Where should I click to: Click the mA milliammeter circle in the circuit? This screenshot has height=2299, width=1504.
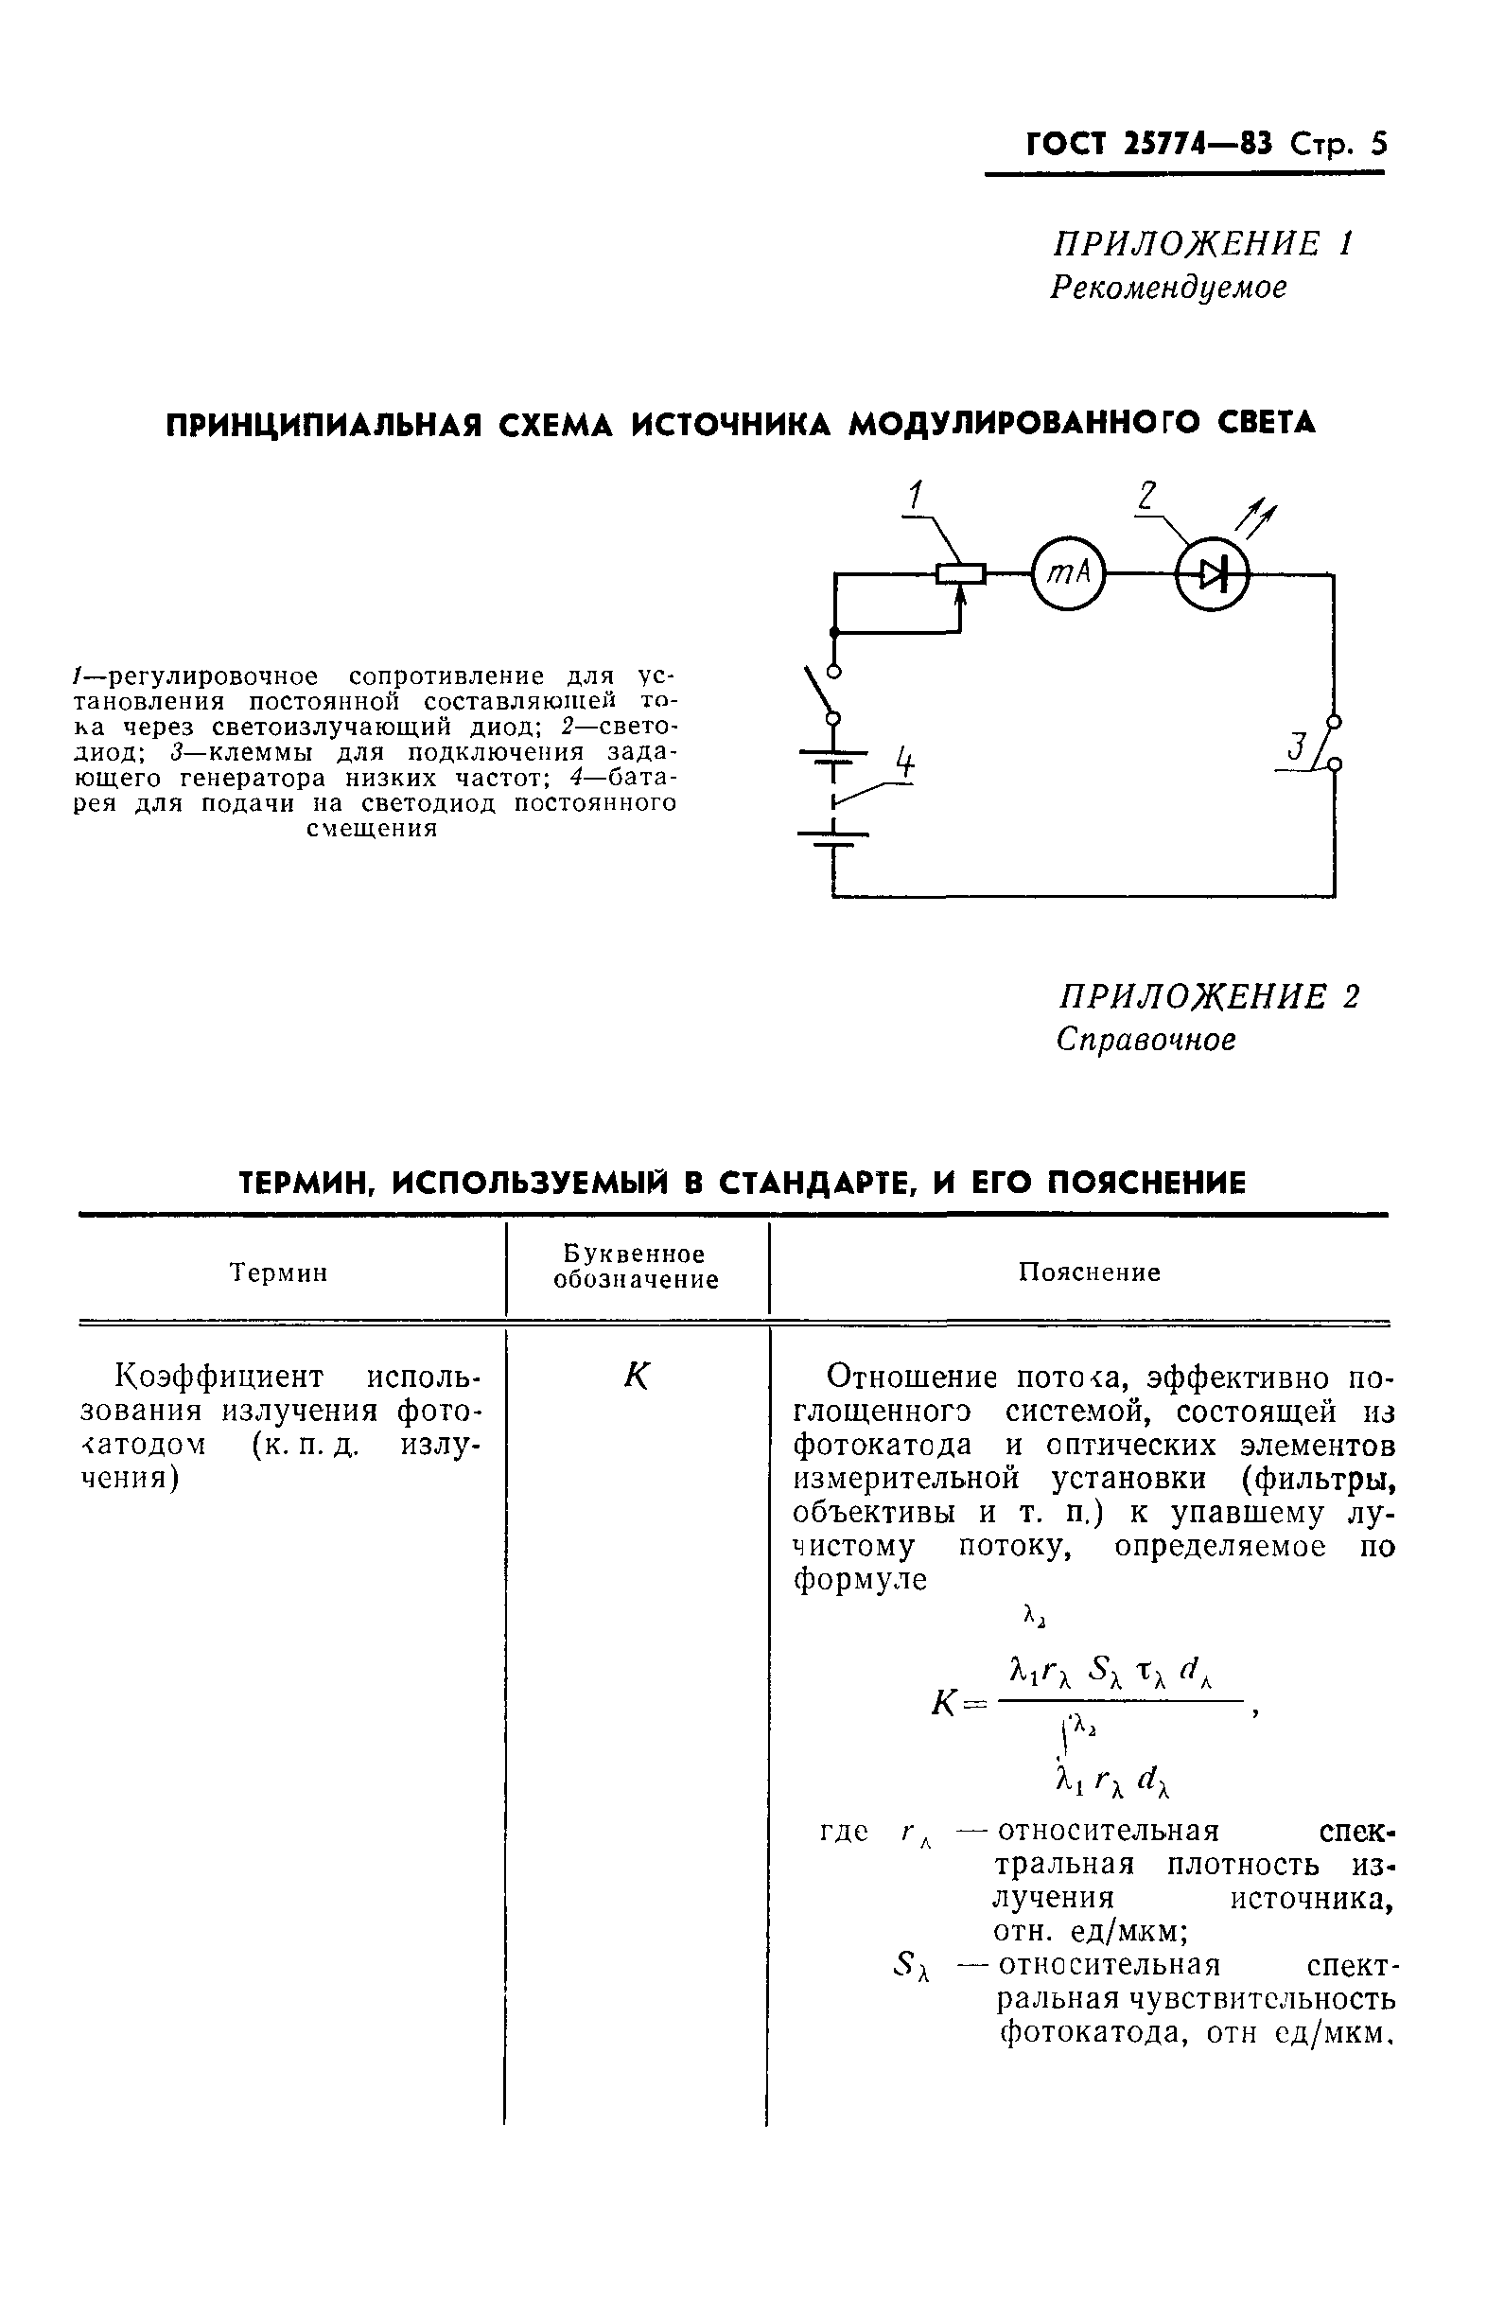pos(1067,573)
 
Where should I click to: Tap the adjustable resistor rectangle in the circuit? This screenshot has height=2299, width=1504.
pos(960,573)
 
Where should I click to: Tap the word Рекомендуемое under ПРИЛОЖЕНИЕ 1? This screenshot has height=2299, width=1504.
pos(1168,288)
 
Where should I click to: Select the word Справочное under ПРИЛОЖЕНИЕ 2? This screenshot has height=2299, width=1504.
pos(1145,1040)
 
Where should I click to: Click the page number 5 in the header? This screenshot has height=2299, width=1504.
pos(1377,144)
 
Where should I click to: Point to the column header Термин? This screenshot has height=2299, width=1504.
pos(279,1273)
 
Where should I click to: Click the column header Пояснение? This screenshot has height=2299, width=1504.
pos(1089,1272)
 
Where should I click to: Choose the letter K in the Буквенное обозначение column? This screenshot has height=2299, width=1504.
pos(637,1376)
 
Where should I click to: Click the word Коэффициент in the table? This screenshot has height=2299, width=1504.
pos(219,1376)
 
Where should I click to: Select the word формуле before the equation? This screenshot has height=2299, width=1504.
pos(860,1580)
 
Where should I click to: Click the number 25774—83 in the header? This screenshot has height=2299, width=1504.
pos(1198,144)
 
